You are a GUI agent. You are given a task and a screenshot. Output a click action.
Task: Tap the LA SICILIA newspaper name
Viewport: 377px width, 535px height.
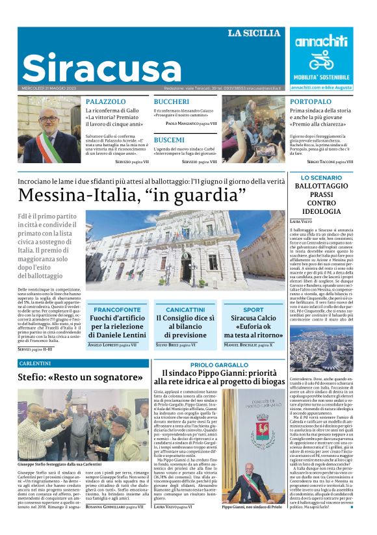coord(254,33)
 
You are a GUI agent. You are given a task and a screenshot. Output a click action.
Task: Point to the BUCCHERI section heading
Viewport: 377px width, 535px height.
coord(172,102)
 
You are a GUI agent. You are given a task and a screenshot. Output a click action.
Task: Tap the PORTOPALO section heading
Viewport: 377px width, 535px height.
coord(311,102)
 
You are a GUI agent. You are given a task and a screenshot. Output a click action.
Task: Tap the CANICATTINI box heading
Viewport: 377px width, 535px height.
coord(185,309)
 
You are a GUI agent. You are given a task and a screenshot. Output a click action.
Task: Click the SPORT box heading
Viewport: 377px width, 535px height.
coord(253,309)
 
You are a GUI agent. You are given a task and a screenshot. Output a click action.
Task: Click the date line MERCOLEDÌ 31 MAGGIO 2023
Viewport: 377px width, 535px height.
coord(49,87)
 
